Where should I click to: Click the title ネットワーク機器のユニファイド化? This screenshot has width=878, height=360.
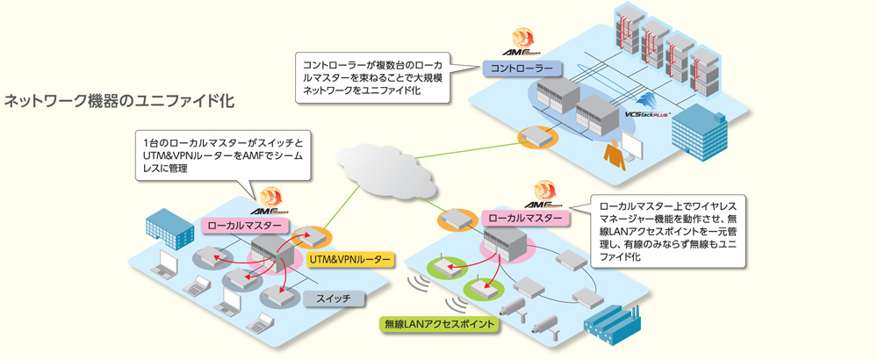[119, 99]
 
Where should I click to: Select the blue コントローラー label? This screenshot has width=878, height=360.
[522, 68]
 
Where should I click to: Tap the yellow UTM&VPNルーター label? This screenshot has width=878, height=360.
[350, 260]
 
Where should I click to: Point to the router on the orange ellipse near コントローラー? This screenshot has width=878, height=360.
[534, 136]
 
